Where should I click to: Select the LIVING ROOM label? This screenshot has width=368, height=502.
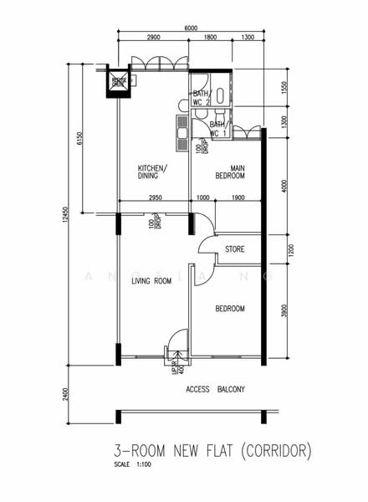(x=151, y=282)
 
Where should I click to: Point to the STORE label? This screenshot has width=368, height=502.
(x=234, y=249)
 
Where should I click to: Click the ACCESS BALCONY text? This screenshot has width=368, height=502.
(x=215, y=389)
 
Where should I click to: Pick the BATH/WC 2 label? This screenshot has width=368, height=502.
(x=201, y=98)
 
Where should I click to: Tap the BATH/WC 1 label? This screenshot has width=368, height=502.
(x=219, y=129)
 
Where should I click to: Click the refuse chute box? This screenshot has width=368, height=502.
(x=119, y=82)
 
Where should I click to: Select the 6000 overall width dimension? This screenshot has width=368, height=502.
(x=191, y=28)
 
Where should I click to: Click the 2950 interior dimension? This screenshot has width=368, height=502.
(x=155, y=197)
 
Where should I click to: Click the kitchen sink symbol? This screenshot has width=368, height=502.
(x=181, y=126)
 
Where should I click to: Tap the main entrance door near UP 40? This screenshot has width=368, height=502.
(x=177, y=345)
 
